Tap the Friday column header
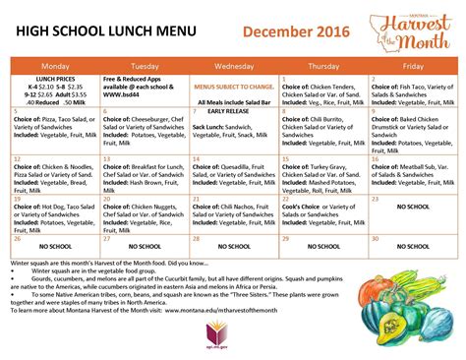413,66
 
